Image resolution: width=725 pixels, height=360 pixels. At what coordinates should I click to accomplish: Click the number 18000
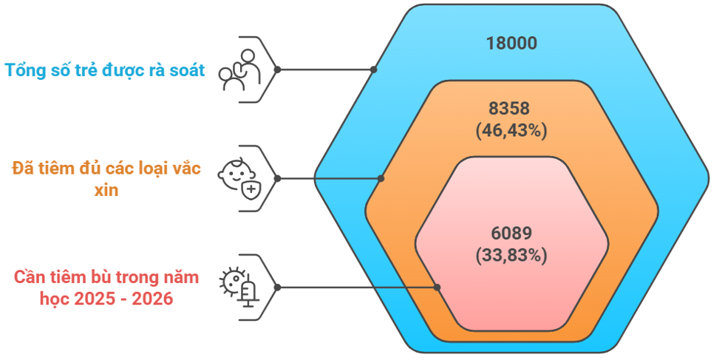[511, 43]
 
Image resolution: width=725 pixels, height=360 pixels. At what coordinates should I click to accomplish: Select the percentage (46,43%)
[511, 131]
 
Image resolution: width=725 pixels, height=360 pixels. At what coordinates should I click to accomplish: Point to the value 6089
[511, 234]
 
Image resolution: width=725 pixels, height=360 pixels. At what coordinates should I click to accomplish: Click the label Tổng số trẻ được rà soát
[105, 71]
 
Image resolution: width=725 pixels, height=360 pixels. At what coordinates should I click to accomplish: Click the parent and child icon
[239, 69]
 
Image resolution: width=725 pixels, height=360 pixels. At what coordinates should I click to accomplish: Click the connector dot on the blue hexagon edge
[374, 69]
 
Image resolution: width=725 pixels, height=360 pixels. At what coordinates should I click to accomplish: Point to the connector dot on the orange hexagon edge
[381, 178]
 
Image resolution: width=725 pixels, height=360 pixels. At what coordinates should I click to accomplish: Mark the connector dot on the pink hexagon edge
[438, 287]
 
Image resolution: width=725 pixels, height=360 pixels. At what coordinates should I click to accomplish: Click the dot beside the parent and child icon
[278, 69]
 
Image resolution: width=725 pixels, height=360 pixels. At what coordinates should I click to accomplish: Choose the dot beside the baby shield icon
[278, 178]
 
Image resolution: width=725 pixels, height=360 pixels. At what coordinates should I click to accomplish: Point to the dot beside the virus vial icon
[278, 287]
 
